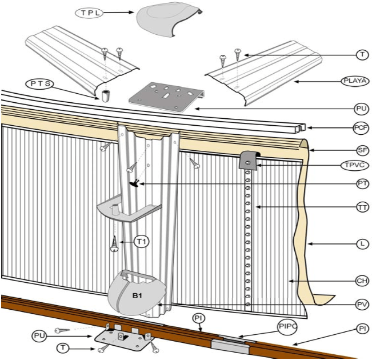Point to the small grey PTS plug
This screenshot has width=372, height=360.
(105, 95)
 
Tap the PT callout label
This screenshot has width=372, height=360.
(361, 184)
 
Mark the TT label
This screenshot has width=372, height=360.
(361, 207)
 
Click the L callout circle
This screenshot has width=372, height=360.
(361, 244)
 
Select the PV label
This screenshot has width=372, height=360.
(361, 305)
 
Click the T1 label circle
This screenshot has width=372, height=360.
(142, 242)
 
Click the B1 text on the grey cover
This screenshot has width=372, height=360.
(138, 296)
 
